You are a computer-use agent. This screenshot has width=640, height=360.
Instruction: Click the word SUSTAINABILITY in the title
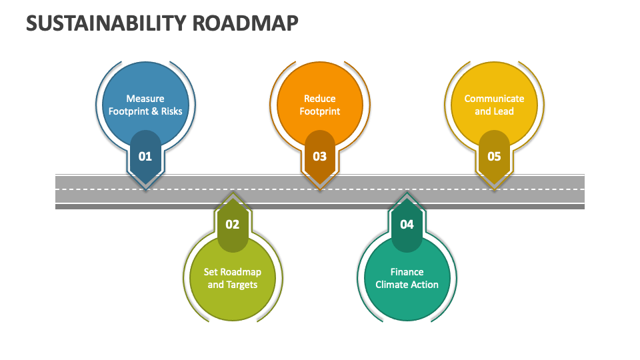pos(106,23)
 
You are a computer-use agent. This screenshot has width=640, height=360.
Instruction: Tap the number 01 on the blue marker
pos(145,157)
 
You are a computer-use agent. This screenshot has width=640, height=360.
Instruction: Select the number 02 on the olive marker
pos(232,225)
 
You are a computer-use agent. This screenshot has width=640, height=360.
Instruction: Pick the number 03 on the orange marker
pos(320,157)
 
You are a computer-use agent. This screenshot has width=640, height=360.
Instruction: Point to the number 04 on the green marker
pos(407,225)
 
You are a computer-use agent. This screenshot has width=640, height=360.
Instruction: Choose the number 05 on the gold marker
pos(494,157)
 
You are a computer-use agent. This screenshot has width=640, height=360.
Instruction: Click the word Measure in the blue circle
pos(145,99)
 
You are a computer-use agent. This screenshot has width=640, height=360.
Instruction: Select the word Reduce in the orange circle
pos(320,99)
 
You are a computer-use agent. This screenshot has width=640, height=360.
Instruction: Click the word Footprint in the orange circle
pos(320,111)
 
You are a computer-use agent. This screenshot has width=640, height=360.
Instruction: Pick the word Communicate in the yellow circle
pos(494,99)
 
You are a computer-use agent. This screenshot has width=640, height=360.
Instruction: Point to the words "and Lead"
pos(494,111)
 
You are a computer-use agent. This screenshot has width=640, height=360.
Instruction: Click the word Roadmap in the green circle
pos(241,272)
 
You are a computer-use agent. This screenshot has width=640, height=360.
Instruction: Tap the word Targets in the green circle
pos(241,285)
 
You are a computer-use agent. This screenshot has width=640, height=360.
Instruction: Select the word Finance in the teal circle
pos(407,272)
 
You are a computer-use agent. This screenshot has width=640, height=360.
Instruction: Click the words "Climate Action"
pos(407,285)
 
